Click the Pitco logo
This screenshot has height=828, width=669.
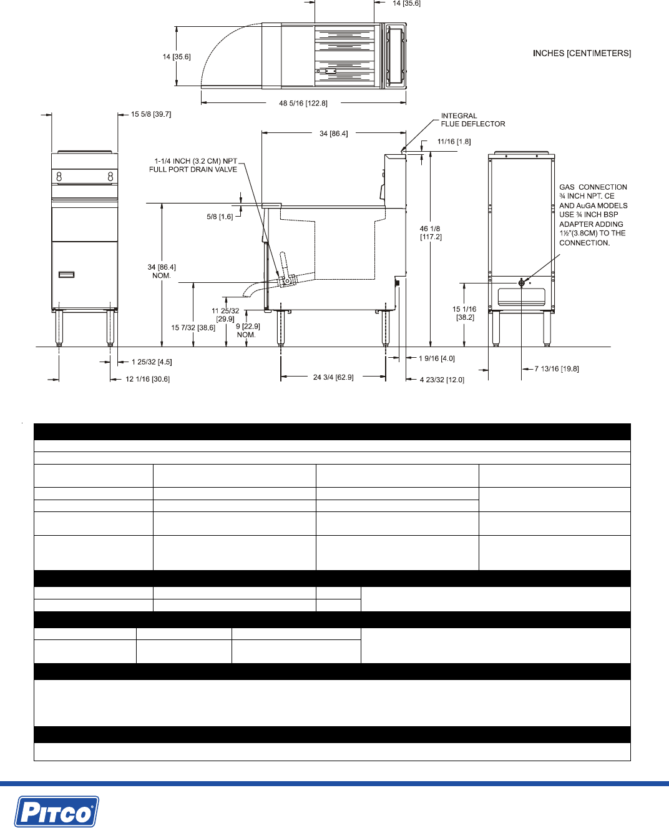click(x=57, y=811)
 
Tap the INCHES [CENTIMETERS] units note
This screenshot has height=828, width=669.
click(x=582, y=54)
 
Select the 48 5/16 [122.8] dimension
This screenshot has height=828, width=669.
click(x=303, y=104)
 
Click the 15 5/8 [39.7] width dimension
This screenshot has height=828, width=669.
click(x=151, y=114)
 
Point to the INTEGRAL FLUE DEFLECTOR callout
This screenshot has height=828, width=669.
click(x=472, y=120)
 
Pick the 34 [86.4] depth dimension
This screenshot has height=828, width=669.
click(x=334, y=134)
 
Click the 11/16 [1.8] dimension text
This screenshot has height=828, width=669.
click(x=454, y=142)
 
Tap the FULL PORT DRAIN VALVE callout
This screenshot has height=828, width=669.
click(x=193, y=165)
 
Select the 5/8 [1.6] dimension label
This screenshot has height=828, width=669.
click(x=220, y=217)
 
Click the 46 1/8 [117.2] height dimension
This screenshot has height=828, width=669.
click(x=430, y=233)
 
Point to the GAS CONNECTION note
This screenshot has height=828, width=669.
click(x=593, y=215)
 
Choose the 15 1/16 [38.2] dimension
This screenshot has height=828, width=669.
click(x=464, y=313)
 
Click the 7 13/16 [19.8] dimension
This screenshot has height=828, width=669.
click(x=557, y=369)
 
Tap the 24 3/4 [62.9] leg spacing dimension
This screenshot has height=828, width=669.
click(x=333, y=377)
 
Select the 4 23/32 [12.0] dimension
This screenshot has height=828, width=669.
click(x=442, y=380)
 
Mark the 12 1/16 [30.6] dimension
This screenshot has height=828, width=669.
click(x=148, y=379)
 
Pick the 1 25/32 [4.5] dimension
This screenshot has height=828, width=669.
click(x=152, y=362)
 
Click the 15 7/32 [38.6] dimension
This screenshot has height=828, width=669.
click(x=193, y=328)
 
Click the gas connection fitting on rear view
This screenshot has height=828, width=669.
click(x=522, y=283)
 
